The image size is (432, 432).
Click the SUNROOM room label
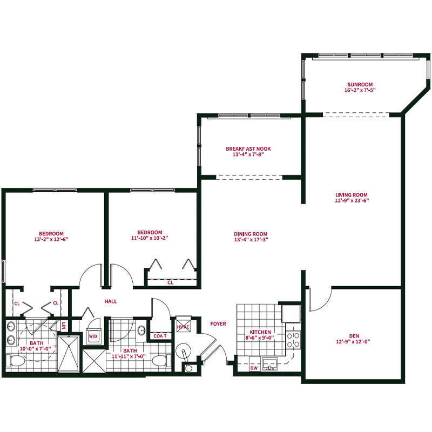360,85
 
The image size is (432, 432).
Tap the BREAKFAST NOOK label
248,149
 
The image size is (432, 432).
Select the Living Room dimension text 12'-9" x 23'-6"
352,200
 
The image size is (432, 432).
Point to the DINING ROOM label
251,234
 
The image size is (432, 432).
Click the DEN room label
354,336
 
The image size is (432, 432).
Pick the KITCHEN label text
260,332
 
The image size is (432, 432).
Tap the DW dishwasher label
254,368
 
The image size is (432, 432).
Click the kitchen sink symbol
269,363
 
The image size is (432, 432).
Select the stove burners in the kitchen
293,340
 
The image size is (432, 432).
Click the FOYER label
218,323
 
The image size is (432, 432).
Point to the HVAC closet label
183,327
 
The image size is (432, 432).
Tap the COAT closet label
160,336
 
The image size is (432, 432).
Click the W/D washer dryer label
93,336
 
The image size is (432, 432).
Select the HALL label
111,301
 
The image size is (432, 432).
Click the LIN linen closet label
64,326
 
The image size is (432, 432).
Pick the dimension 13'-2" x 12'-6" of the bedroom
51,239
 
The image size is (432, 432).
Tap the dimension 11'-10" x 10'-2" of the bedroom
150,238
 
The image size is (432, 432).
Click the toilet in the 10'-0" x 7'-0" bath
17,361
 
